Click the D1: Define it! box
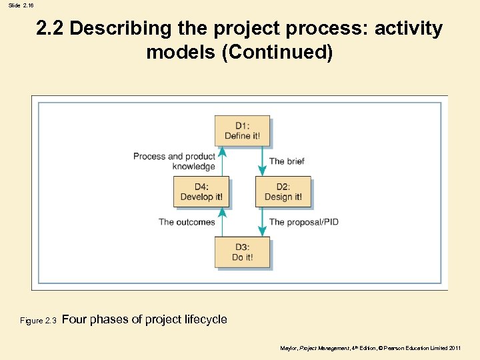(x=242, y=131)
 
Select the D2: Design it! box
(x=283, y=191)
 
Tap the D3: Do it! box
(x=242, y=252)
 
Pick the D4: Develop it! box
(x=201, y=191)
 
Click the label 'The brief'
(x=287, y=161)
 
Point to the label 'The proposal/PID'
(x=303, y=222)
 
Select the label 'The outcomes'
(x=187, y=222)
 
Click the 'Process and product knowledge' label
(x=175, y=161)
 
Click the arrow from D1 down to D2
(x=263, y=161)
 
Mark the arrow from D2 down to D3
(x=263, y=222)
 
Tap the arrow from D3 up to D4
(x=222, y=222)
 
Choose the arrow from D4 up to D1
(x=222, y=161)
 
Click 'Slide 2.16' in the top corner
(x=21, y=5)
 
